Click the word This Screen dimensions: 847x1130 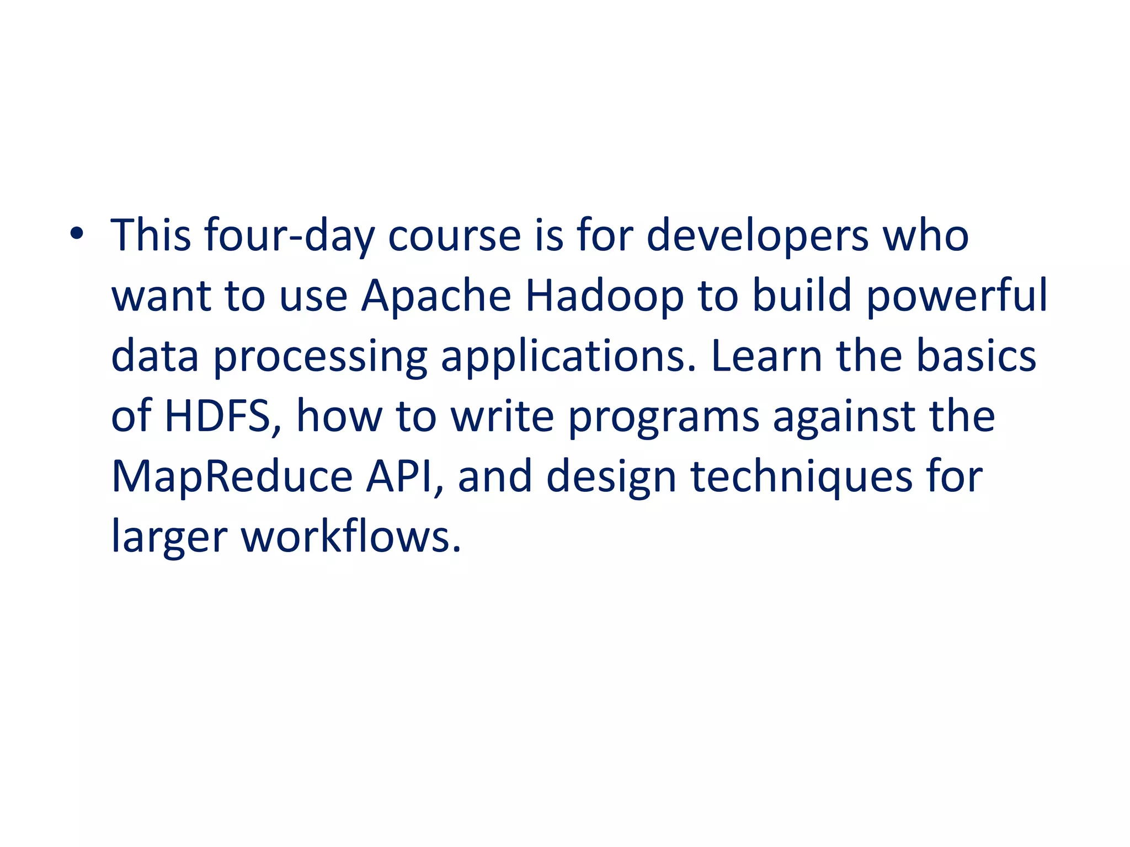pyautogui.click(x=151, y=235)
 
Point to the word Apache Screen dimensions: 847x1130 pyautogui.click(x=436, y=296)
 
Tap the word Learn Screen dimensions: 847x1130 pyautogui.click(x=767, y=356)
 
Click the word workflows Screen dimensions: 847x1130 pyautogui.click(x=351, y=536)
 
